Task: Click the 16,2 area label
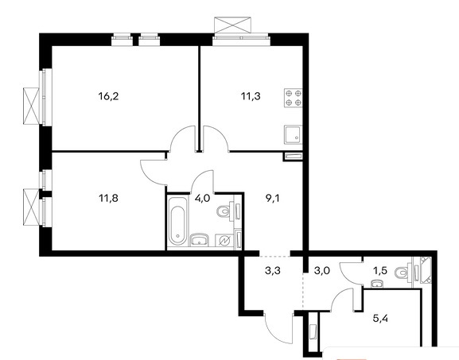tap(109, 96)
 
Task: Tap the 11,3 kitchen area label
tap(251, 96)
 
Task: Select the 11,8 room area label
tap(109, 199)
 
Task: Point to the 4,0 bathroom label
tap(202, 199)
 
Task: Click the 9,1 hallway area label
tap(273, 199)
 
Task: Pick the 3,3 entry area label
tap(273, 271)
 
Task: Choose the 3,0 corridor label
tap(321, 271)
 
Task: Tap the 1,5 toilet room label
tap(380, 271)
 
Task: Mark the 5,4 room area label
tap(380, 318)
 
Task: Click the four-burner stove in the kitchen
tap(294, 98)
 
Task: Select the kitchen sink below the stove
tap(293, 134)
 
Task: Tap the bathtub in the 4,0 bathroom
tap(177, 222)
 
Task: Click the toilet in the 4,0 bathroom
tap(225, 211)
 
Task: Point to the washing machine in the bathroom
tap(224, 240)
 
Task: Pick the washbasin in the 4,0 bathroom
tap(200, 240)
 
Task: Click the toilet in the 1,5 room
tap(403, 273)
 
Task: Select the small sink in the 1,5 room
tap(376, 284)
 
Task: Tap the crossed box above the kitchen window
tap(233, 25)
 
